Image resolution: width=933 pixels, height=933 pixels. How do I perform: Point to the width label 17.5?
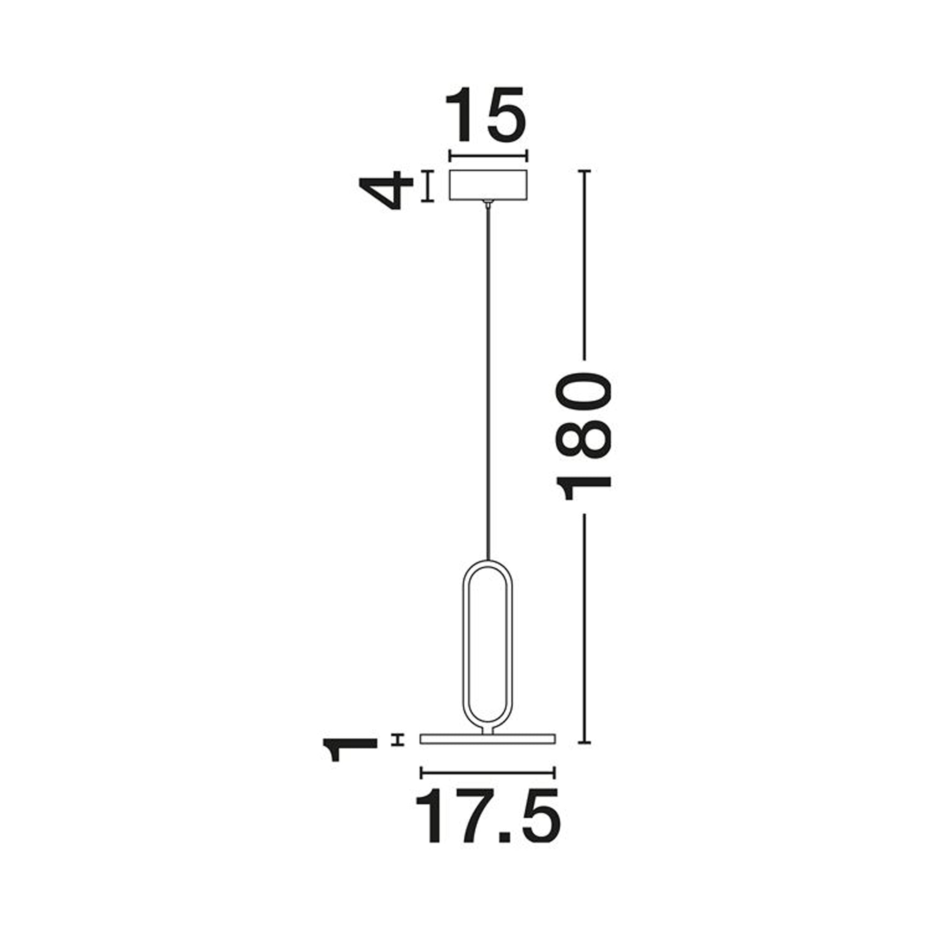(488, 815)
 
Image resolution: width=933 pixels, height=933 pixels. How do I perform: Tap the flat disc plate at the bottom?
(488, 752)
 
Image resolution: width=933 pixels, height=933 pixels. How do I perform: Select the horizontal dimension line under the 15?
(488, 156)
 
